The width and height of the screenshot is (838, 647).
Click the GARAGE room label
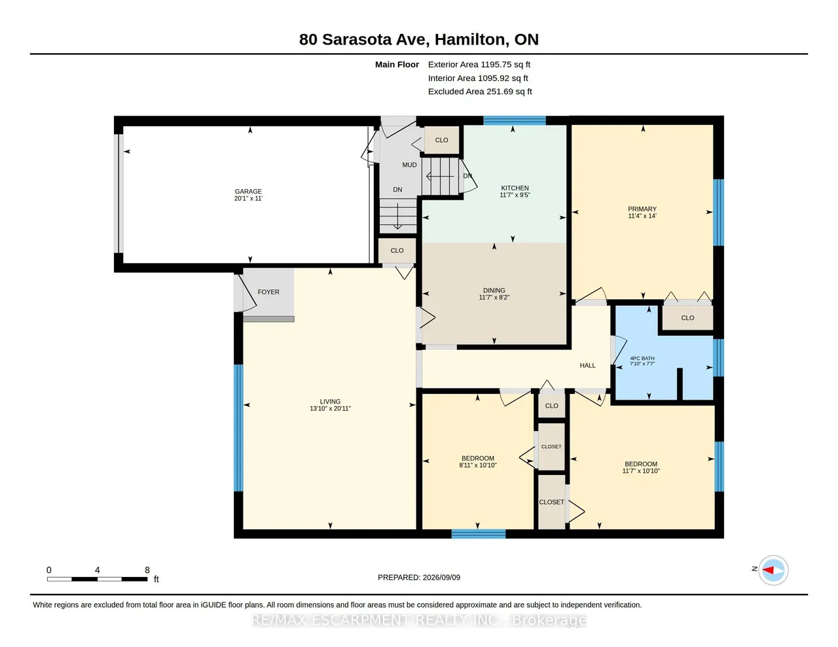coord(248,192)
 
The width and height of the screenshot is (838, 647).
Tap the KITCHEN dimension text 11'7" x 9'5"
coord(515,195)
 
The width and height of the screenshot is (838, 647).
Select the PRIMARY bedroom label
coord(642,209)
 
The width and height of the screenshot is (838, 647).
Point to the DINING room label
coord(494,290)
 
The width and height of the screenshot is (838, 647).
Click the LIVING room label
coord(330,401)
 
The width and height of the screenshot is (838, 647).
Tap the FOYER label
coord(268,292)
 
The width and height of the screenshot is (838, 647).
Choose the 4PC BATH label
coord(642,358)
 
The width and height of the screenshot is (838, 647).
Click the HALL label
coord(588,365)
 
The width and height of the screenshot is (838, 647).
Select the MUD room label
coord(410,165)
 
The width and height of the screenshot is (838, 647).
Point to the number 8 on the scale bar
coord(147,570)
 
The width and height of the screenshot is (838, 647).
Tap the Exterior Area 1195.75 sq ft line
coord(479,65)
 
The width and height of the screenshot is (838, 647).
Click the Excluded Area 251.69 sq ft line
coord(480,92)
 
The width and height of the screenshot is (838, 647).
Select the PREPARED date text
coord(419,577)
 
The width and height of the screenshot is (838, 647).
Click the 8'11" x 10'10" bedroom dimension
coord(478,465)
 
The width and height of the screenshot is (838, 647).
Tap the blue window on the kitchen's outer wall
coord(515,120)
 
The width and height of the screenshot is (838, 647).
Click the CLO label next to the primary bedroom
coord(687,318)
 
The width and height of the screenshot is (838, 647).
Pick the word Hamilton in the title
coord(469,40)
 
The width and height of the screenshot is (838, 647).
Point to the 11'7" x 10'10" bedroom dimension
coord(641,471)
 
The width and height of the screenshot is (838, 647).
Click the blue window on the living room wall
coord(239,428)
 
